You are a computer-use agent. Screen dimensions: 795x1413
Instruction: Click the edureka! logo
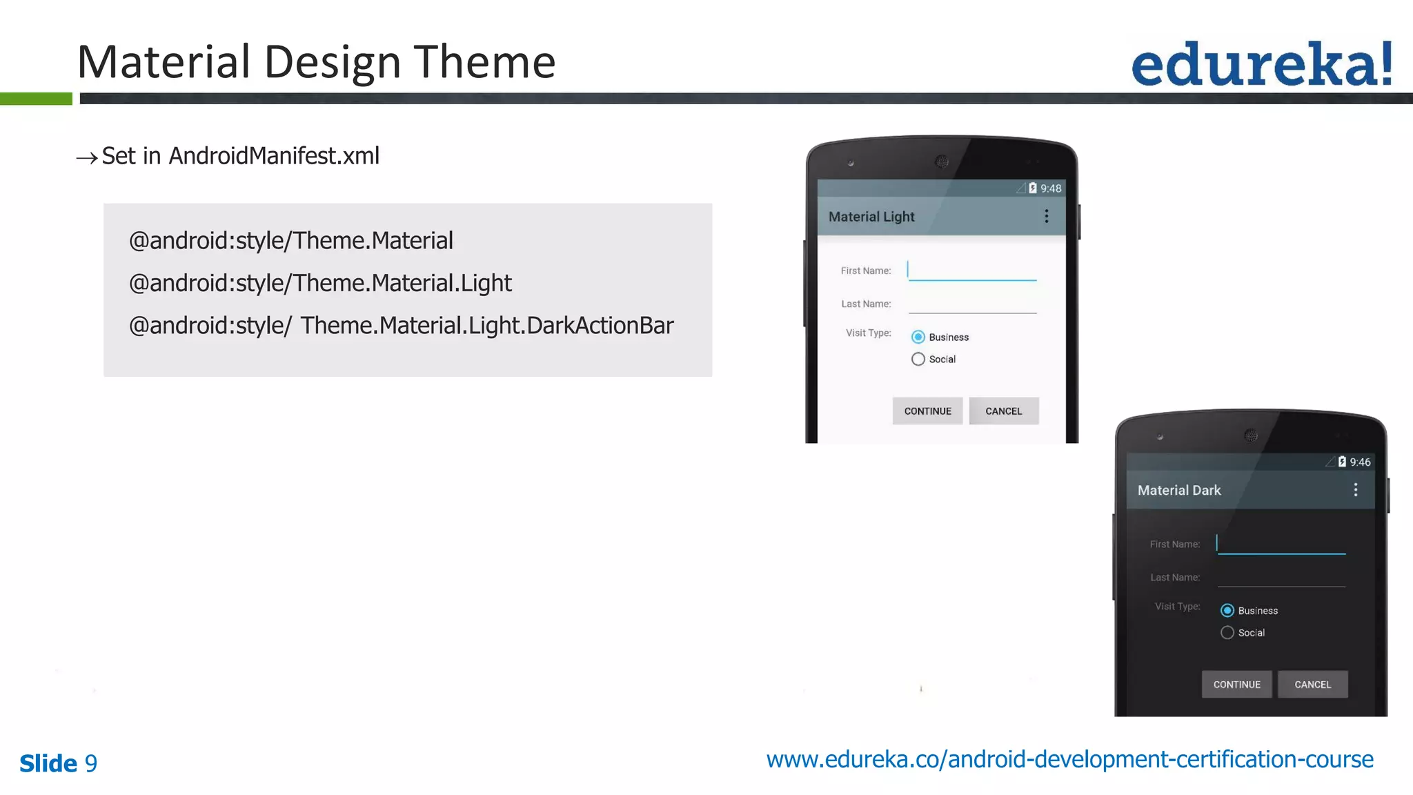(1261, 64)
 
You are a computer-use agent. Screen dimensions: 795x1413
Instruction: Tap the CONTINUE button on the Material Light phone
(927, 411)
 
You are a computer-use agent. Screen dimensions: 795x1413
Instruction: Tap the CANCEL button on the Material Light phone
(1003, 411)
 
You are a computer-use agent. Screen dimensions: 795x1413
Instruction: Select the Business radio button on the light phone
(918, 337)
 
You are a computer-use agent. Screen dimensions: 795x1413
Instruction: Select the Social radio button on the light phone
(918, 359)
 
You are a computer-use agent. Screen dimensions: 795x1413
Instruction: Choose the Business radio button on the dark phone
(1227, 610)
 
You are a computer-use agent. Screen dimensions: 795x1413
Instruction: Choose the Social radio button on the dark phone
(1227, 632)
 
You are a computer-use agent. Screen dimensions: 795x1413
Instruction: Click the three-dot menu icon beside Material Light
(1047, 216)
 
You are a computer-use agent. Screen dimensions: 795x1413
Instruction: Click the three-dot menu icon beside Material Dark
(1356, 489)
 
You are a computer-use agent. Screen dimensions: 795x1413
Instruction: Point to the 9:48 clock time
(1051, 188)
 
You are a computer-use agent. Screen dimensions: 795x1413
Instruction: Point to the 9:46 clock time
(1360, 462)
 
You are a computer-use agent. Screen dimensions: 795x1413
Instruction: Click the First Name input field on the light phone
(972, 271)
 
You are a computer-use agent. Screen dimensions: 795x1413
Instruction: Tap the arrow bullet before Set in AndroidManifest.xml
(87, 158)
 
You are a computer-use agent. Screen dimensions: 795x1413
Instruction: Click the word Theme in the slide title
(484, 62)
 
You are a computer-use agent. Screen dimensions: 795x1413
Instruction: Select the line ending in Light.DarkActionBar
(401, 325)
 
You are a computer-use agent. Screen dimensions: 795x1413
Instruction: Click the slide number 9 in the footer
(91, 763)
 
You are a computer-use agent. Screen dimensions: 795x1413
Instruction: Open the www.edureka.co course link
(1069, 759)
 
